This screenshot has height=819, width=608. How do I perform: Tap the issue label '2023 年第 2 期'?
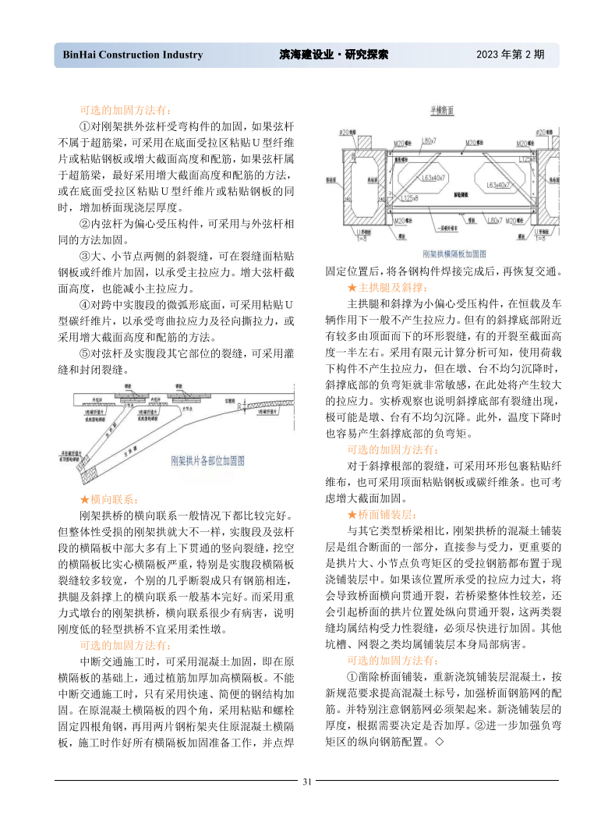(x=510, y=55)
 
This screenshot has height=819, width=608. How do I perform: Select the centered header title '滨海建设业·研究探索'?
(x=334, y=55)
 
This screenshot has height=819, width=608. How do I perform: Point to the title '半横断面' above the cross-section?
(x=442, y=111)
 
